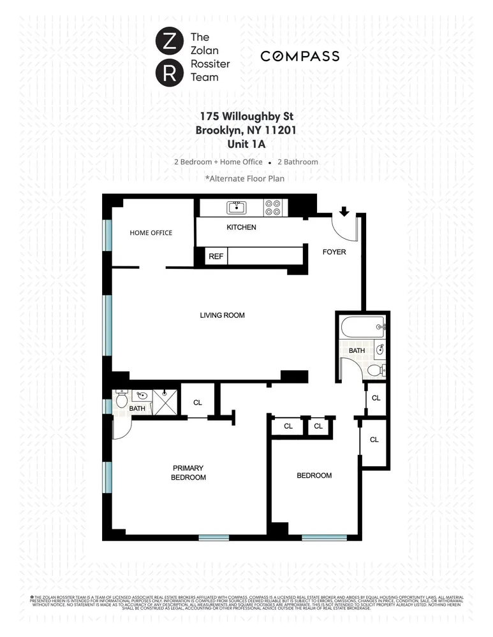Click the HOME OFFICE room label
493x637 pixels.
point(151,233)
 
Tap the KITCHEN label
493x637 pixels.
point(241,227)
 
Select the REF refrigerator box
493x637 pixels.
point(216,256)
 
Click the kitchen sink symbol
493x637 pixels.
point(236,207)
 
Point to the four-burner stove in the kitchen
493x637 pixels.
point(273,207)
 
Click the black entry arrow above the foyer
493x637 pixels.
point(345,211)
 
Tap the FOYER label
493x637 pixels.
point(334,252)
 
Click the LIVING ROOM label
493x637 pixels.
point(222,315)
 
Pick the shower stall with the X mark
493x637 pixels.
point(165,403)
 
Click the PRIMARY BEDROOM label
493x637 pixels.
point(188,473)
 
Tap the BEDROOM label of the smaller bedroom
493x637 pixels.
point(314,475)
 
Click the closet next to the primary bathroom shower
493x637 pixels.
point(197,402)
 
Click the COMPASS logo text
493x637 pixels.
point(300,57)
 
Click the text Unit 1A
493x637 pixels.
point(246,143)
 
